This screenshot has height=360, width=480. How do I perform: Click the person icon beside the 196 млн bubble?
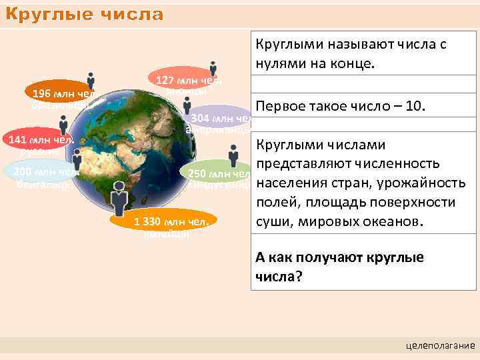90,81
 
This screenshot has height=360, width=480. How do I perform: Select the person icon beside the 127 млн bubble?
213,69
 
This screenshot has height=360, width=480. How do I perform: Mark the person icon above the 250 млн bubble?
233,156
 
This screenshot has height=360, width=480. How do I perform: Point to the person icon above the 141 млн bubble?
63,125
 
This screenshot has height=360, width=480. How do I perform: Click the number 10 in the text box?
416,107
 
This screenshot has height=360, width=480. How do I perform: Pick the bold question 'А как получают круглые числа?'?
340,267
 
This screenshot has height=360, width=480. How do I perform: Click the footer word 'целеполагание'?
440,345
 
